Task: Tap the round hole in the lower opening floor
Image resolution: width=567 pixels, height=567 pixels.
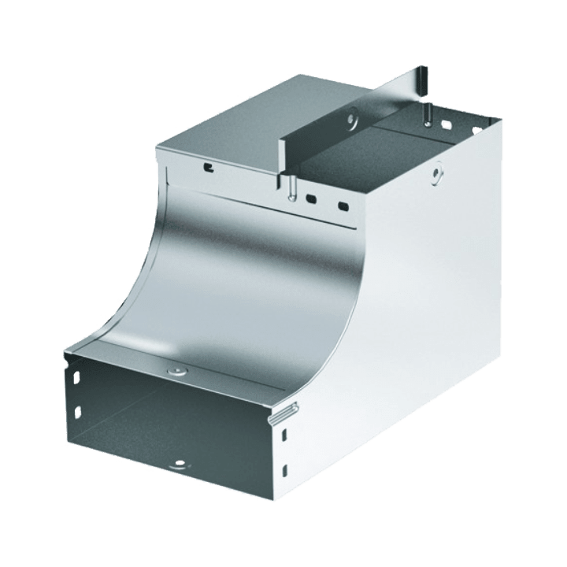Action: coord(180,465)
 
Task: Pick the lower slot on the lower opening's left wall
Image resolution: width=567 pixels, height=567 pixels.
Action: coord(77,411)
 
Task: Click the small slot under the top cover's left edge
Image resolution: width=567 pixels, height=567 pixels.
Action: coord(208,167)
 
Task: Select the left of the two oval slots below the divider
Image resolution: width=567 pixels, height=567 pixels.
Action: coord(312,198)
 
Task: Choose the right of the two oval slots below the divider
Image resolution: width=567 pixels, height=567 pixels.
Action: coord(343,206)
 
